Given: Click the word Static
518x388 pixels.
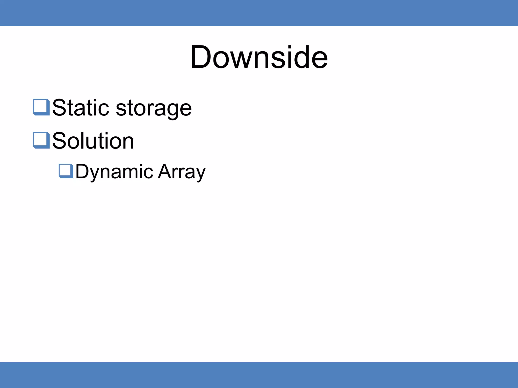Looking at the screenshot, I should pyautogui.click(x=80, y=108).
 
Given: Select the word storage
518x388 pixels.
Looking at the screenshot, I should pyautogui.click(x=154, y=109).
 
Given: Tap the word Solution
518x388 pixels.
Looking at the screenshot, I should pyautogui.click(x=93, y=141).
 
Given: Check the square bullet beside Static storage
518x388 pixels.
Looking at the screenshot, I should pyautogui.click(x=41, y=107).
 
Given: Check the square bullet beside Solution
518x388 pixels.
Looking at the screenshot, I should pyautogui.click(x=41, y=140).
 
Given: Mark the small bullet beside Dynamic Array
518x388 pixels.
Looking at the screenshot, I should pyautogui.click(x=66, y=171).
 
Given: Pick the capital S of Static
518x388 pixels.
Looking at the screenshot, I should pyautogui.click(x=59, y=108).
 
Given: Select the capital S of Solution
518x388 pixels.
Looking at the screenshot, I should pyautogui.click(x=59, y=141).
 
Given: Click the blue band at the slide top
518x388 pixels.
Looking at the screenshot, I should pyautogui.click(x=259, y=13).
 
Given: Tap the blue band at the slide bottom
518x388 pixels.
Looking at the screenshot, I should pyautogui.click(x=259, y=375).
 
